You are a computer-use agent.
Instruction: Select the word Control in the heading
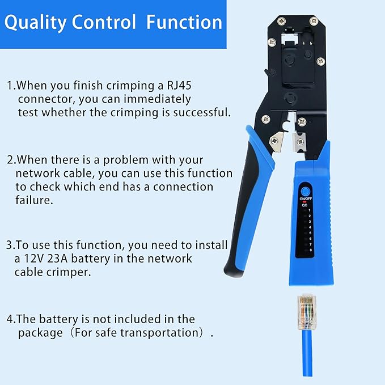point(104,22)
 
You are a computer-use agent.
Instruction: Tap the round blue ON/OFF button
point(307,192)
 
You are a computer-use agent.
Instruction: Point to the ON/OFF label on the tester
point(306,200)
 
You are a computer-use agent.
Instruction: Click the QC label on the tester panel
point(304,206)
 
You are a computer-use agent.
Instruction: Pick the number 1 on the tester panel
point(310,211)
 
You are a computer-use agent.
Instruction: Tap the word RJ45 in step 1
point(174,86)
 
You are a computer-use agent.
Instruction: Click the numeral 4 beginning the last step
point(10,319)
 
